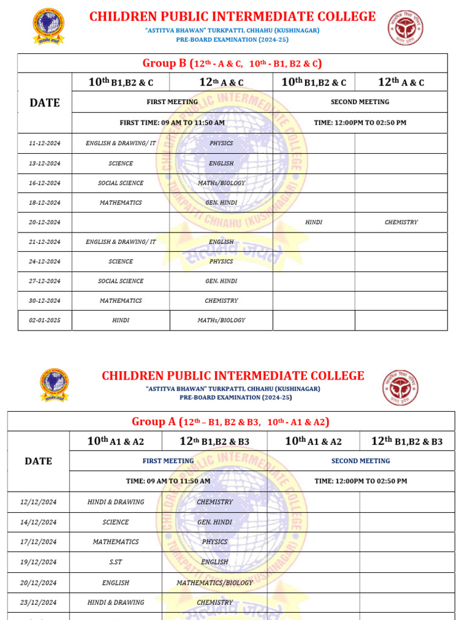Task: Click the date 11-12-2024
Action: (x=45, y=143)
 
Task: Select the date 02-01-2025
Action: (x=45, y=320)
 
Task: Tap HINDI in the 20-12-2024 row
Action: (x=314, y=222)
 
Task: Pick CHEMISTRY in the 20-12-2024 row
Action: (x=401, y=222)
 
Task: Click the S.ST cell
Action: (x=116, y=562)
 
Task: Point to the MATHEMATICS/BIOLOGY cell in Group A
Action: (x=215, y=582)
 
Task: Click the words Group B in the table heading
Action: (x=164, y=64)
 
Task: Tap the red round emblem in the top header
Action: (x=406, y=28)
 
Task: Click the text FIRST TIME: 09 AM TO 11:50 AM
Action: (x=172, y=123)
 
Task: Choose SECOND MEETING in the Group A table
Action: (x=361, y=461)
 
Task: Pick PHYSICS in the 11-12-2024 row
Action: (x=221, y=143)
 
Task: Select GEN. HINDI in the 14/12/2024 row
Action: (x=215, y=522)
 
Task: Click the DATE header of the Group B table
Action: (x=45, y=103)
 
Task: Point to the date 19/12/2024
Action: (x=39, y=562)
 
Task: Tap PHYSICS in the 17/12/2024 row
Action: (x=215, y=542)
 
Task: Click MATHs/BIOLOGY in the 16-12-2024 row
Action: (x=221, y=183)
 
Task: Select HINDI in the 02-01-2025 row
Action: (x=120, y=320)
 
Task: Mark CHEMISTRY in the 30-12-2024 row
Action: (x=221, y=301)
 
